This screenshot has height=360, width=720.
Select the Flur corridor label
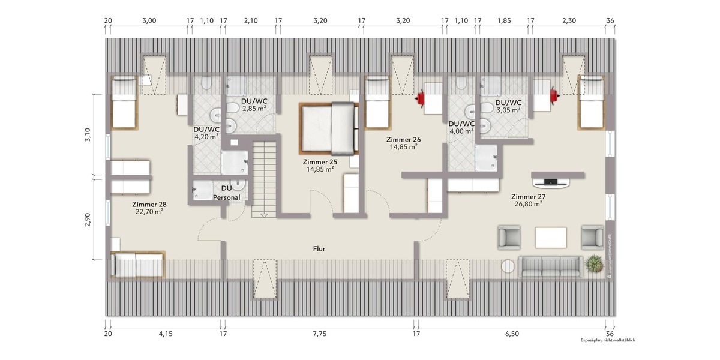click(x=319, y=248)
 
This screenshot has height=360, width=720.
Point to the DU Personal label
click(x=226, y=193)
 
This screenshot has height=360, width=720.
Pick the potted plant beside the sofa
click(x=593, y=264)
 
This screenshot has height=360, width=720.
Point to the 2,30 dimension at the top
click(x=569, y=20)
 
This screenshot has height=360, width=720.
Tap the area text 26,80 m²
click(x=527, y=204)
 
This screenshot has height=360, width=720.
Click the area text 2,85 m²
click(x=254, y=109)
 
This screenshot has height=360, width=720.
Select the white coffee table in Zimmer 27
click(x=551, y=237)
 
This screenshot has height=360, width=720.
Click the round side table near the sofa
click(x=508, y=266)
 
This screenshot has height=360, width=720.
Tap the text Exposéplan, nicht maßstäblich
click(x=607, y=340)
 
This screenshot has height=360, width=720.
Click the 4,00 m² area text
click(x=461, y=130)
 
